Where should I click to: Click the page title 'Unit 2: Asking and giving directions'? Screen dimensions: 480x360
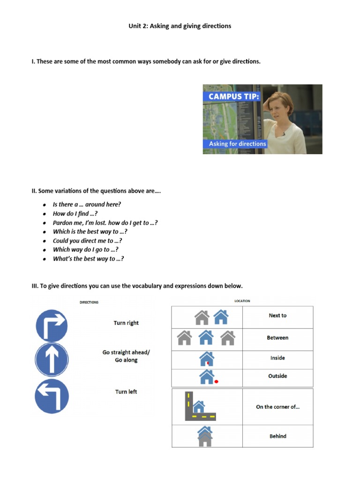[180, 26]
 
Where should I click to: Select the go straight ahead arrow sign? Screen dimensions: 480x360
[52, 360]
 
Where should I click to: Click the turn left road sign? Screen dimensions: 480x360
[52, 396]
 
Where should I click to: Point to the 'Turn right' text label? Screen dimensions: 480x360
[126, 323]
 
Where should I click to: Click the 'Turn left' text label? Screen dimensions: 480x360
[126, 392]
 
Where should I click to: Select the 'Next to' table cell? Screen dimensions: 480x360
[277, 316]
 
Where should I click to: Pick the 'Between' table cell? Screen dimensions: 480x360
[277, 338]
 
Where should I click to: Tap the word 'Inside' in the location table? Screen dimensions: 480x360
[277, 358]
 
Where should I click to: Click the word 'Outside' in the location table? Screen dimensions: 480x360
[277, 376]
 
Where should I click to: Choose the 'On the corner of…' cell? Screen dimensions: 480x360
[277, 407]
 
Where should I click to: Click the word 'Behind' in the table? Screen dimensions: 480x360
[277, 436]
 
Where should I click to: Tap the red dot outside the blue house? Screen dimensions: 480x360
[217, 382]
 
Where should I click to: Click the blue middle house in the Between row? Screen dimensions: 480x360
[206, 337]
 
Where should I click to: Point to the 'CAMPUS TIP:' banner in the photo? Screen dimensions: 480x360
[227, 97]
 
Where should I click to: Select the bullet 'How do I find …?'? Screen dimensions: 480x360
[75, 214]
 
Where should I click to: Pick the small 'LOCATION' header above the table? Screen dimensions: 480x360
[242, 301]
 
